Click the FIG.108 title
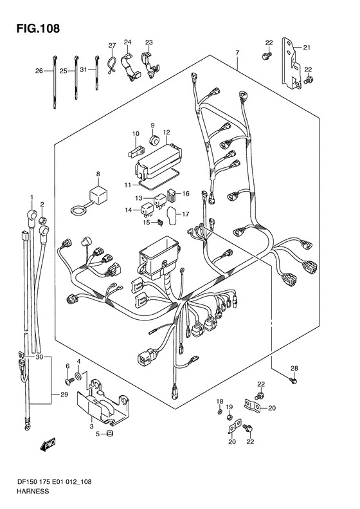click(39, 28)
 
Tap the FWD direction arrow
click(48, 444)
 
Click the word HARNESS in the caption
click(33, 491)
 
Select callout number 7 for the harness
click(237, 52)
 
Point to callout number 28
click(294, 368)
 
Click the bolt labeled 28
click(293, 380)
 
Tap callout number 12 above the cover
click(166, 132)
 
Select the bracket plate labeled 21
click(291, 63)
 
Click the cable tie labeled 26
click(54, 82)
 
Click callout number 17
click(186, 214)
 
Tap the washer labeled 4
click(78, 376)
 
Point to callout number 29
click(64, 394)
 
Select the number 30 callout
click(39, 357)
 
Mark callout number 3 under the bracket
click(92, 426)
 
